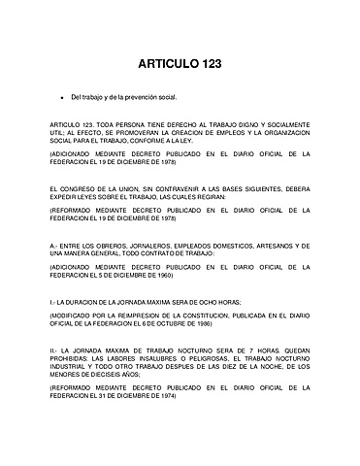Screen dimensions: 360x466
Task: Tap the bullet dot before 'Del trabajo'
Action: (x=60, y=98)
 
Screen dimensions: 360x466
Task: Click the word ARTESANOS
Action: (x=272, y=247)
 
